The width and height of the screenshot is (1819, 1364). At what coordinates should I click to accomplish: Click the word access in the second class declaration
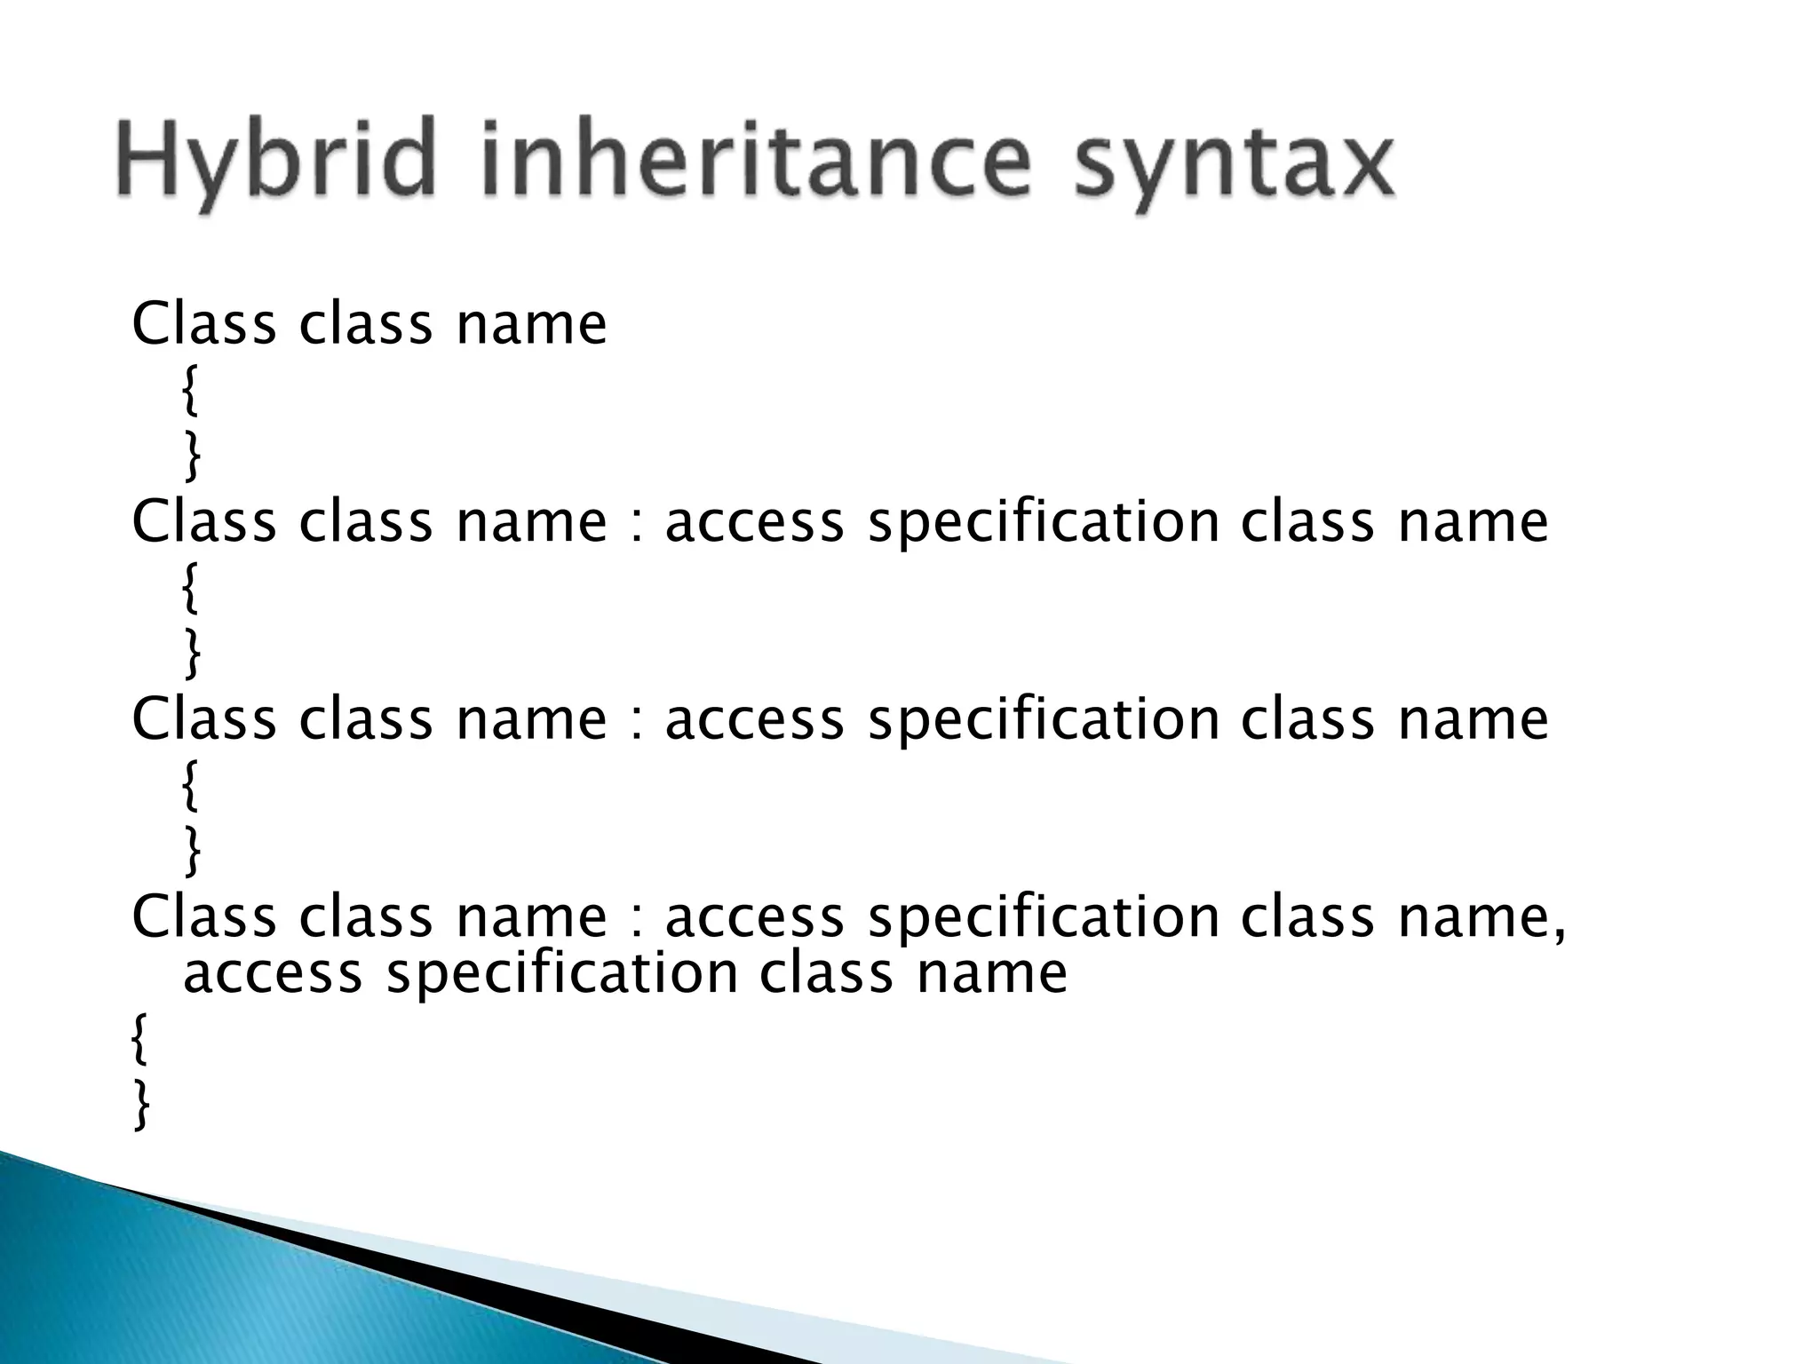point(754,522)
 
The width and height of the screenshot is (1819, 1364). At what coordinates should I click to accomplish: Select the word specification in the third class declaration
point(1043,719)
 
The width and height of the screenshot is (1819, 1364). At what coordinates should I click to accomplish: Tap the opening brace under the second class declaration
point(189,590)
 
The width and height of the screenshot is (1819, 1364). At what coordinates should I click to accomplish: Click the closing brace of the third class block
point(191,851)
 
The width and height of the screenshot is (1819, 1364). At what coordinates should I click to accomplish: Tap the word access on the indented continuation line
point(273,974)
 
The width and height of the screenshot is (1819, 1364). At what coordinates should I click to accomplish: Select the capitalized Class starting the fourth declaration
point(203,916)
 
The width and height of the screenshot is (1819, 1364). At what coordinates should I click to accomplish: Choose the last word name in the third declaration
point(1473,719)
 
